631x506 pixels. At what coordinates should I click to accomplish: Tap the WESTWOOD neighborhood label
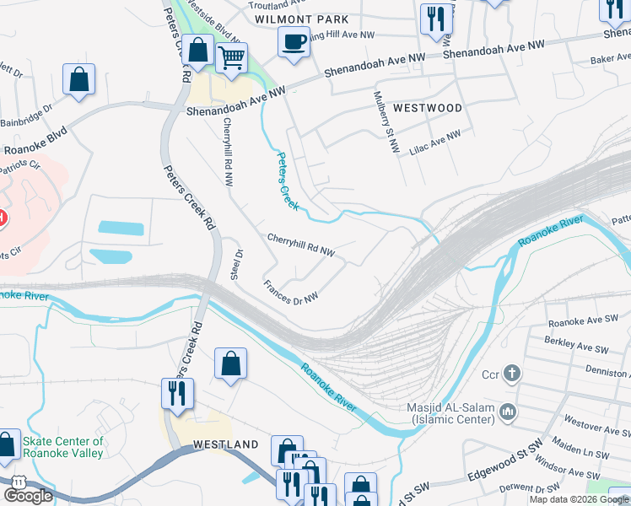(428, 109)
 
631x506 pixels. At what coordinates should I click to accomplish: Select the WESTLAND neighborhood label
(225, 444)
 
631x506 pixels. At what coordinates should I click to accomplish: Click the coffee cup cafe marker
(294, 42)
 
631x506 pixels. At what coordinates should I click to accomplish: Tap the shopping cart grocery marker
(231, 58)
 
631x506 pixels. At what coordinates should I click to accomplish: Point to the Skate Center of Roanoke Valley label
(63, 447)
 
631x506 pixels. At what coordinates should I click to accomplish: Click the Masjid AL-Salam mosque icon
(508, 412)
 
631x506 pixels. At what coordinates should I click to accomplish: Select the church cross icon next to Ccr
(511, 374)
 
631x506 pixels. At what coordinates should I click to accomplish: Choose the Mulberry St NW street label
(384, 121)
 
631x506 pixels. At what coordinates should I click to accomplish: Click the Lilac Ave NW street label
(441, 140)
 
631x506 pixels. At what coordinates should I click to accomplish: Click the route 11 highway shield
(17, 481)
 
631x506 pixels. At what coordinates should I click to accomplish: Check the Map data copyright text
(579, 499)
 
